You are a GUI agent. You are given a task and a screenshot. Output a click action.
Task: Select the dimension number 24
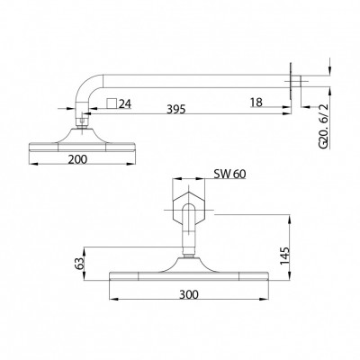[x=125, y=103]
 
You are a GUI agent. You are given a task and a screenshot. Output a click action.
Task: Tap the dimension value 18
[x=258, y=105]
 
